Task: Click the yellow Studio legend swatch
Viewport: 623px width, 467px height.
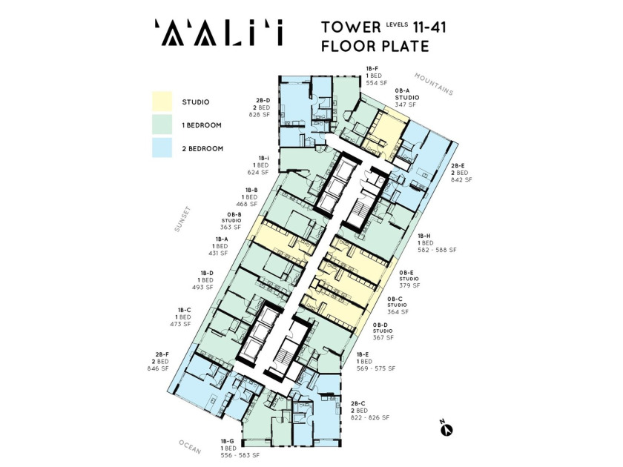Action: pos(162,102)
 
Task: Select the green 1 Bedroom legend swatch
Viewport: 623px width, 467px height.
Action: pos(162,125)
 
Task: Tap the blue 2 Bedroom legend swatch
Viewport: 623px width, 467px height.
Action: pos(162,148)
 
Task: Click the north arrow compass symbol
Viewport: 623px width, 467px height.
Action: pos(446,429)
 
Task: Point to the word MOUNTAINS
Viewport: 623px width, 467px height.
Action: pos(434,85)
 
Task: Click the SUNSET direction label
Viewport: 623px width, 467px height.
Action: pos(182,219)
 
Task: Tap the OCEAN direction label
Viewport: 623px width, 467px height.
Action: pos(190,447)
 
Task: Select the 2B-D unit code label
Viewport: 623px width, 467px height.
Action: pos(263,100)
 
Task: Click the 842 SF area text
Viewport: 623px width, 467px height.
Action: pos(461,179)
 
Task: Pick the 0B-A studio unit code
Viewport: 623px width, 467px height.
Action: pos(402,90)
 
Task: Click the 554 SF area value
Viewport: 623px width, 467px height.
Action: pos(376,83)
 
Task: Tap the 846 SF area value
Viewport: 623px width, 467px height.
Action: pos(158,368)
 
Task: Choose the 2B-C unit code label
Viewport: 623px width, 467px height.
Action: pos(357,403)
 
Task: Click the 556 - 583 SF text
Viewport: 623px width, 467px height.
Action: pos(240,455)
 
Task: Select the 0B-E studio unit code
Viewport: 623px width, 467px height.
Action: pos(406,273)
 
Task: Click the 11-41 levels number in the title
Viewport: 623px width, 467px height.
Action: pos(429,27)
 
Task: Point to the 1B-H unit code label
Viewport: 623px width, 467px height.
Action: pos(424,236)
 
